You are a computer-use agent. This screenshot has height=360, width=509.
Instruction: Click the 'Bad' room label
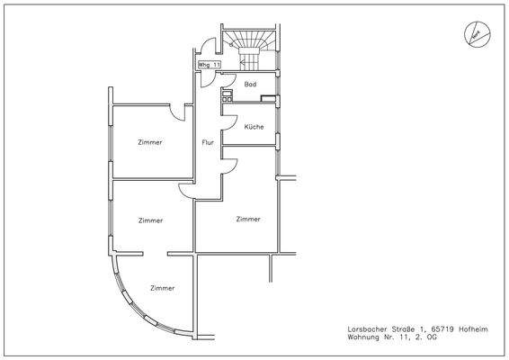click(x=251, y=84)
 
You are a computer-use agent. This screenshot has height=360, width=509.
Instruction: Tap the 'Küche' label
click(x=254, y=127)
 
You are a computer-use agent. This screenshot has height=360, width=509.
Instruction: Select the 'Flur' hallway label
click(x=208, y=142)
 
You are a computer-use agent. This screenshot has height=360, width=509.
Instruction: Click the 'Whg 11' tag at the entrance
click(x=209, y=66)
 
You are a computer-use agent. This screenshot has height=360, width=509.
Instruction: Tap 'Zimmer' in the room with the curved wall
click(x=163, y=288)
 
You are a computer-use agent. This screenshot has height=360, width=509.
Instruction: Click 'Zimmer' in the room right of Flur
click(x=248, y=219)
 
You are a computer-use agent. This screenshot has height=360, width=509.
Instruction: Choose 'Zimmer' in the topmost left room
click(x=150, y=142)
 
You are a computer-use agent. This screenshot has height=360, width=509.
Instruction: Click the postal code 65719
click(x=433, y=329)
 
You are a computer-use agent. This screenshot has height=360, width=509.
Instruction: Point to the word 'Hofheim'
click(x=473, y=329)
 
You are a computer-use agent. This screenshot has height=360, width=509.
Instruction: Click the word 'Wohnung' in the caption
click(x=365, y=338)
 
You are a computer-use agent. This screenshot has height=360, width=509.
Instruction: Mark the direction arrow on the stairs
click(x=249, y=63)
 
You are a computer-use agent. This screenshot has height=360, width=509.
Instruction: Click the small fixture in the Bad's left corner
click(x=227, y=99)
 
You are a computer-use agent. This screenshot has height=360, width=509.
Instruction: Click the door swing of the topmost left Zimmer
click(x=178, y=112)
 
